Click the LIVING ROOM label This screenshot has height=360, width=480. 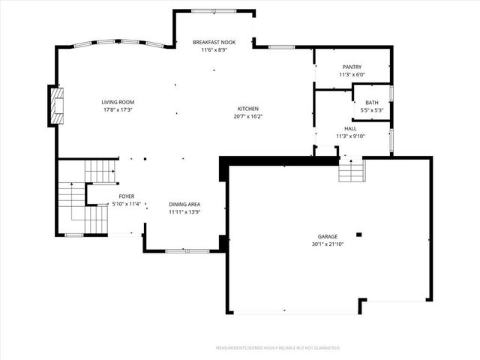pyautogui.click(x=118, y=102)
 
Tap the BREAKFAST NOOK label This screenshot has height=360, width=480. pyautogui.click(x=214, y=42)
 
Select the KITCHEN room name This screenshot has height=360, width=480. pyautogui.click(x=248, y=109)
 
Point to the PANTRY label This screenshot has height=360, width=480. pyautogui.click(x=352, y=67)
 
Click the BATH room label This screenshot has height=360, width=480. pyautogui.click(x=372, y=103)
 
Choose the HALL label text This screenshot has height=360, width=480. pyautogui.click(x=350, y=128)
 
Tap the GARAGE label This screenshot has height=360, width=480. pyautogui.click(x=328, y=236)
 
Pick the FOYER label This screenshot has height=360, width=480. pyautogui.click(x=127, y=196)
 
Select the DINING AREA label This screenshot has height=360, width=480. pyautogui.click(x=184, y=204)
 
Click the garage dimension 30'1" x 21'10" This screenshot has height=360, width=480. pyautogui.click(x=328, y=244)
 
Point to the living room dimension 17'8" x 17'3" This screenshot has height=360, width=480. pyautogui.click(x=118, y=110)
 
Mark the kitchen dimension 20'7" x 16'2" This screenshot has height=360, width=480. pyautogui.click(x=248, y=116)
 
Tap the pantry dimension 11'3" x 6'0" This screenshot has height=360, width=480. pyautogui.click(x=352, y=75)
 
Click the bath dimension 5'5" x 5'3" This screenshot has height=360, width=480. pyautogui.click(x=372, y=110)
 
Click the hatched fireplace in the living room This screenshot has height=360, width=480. pyautogui.click(x=57, y=106)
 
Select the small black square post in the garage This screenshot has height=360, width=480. pyautogui.click(x=359, y=235)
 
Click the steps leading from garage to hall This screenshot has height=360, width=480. pyautogui.click(x=352, y=171)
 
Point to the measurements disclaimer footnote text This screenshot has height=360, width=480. pyautogui.click(x=278, y=348)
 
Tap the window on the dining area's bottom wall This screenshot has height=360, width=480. pyautogui.click(x=187, y=251)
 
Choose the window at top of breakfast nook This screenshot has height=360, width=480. pyautogui.click(x=214, y=11)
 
